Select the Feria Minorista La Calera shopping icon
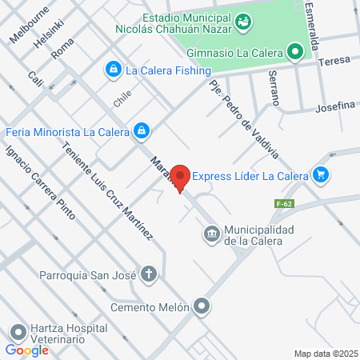142,130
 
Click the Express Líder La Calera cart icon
321,174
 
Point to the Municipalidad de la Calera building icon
211,234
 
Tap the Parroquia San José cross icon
148,274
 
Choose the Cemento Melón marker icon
202,306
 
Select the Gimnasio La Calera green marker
296,54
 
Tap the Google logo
26,350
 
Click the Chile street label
122,98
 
